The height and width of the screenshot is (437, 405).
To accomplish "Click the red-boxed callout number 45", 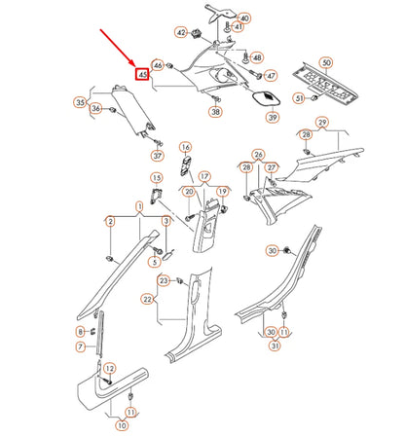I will [143, 74].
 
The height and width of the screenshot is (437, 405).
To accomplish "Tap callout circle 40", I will [243, 18].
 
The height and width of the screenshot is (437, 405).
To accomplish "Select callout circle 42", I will [181, 32].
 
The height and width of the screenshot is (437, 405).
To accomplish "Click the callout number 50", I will [325, 63].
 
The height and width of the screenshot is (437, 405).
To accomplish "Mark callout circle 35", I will [81, 100].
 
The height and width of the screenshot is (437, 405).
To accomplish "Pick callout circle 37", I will [157, 155].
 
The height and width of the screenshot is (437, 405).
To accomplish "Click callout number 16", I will [184, 147].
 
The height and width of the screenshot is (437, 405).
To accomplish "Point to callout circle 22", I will [147, 299].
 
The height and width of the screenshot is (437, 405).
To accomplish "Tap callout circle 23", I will [165, 281].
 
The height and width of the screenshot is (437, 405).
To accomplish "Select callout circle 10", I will [122, 424].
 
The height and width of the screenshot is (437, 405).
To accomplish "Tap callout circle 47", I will [272, 75].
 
